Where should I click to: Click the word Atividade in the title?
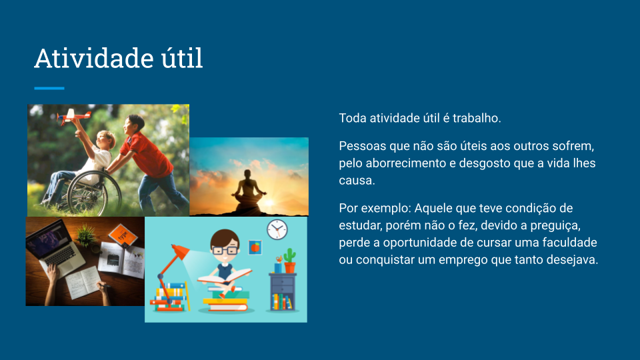[x=94, y=58]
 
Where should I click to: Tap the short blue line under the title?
[x=49, y=88]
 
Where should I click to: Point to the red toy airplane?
[x=73, y=116]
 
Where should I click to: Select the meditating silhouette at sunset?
[x=249, y=191]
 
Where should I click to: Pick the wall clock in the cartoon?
[x=277, y=230]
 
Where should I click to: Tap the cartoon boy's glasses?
[x=225, y=250]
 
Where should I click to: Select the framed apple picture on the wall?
[x=255, y=247]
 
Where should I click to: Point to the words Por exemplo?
[x=375, y=208]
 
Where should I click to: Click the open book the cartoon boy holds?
[x=224, y=276]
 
